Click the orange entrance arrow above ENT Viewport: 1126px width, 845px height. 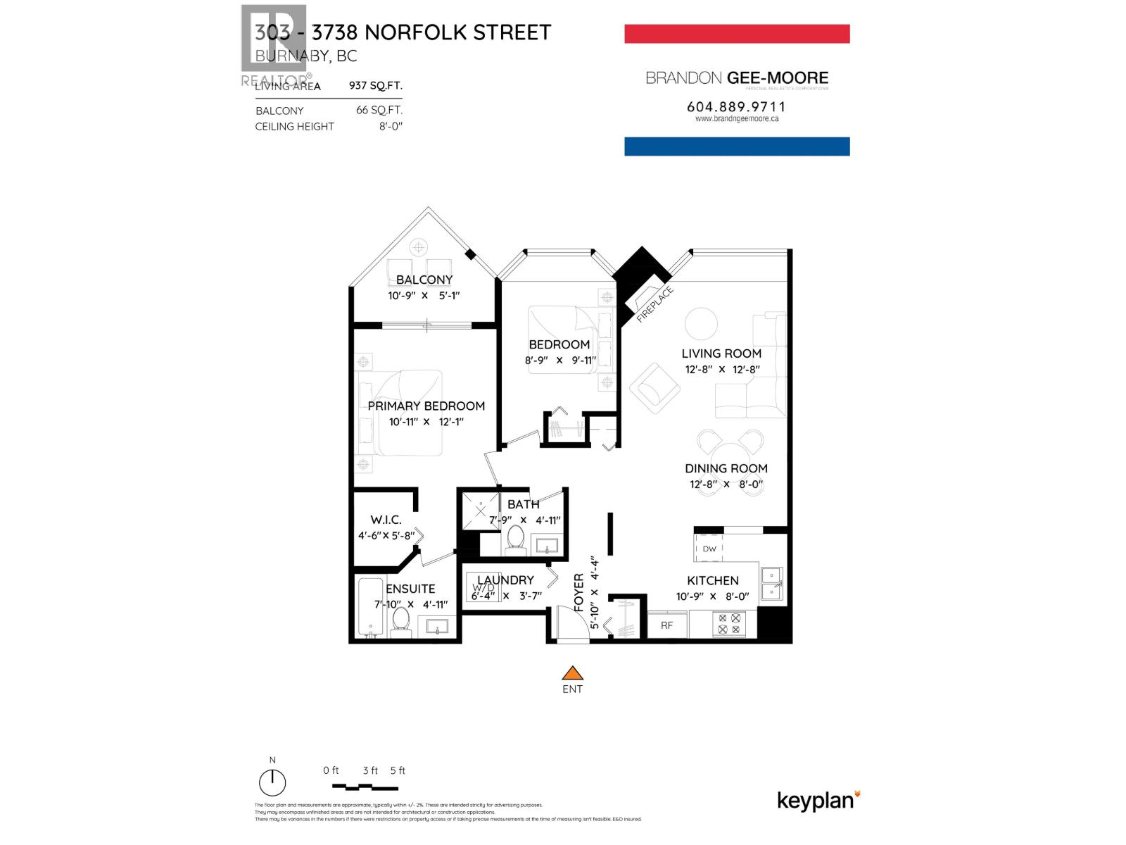tap(573, 673)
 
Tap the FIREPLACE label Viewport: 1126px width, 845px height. tap(654, 304)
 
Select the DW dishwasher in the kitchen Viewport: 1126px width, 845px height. tap(709, 549)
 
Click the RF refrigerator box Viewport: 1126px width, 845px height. tap(666, 625)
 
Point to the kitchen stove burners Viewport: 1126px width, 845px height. tap(728, 624)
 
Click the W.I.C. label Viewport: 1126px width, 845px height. tap(385, 520)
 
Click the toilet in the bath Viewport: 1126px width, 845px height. tap(516, 539)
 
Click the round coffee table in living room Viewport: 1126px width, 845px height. tap(701, 324)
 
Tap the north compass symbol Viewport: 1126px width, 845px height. tap(272, 782)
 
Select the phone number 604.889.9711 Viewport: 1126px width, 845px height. tap(736, 106)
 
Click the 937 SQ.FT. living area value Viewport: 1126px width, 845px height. tap(376, 86)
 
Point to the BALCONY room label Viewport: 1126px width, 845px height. tap(424, 280)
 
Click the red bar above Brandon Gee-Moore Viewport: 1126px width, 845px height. tap(737, 34)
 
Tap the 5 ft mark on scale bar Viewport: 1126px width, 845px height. tap(398, 770)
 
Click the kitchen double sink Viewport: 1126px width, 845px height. tap(771, 583)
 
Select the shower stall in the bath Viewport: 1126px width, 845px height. tap(480, 511)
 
